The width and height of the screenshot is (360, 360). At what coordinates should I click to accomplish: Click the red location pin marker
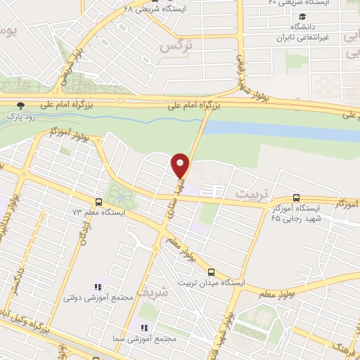click(181, 165)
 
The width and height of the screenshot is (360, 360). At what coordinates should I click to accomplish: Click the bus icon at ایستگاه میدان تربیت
click(212, 272)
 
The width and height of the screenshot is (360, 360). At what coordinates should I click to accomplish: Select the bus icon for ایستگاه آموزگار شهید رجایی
click(296, 199)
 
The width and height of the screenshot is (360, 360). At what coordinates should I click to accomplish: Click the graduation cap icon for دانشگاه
click(301, 16)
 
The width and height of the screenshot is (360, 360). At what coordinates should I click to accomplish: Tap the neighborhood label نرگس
click(176, 46)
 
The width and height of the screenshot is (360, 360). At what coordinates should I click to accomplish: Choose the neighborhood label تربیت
click(252, 192)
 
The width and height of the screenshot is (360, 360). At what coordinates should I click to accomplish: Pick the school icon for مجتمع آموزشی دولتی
click(98, 287)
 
